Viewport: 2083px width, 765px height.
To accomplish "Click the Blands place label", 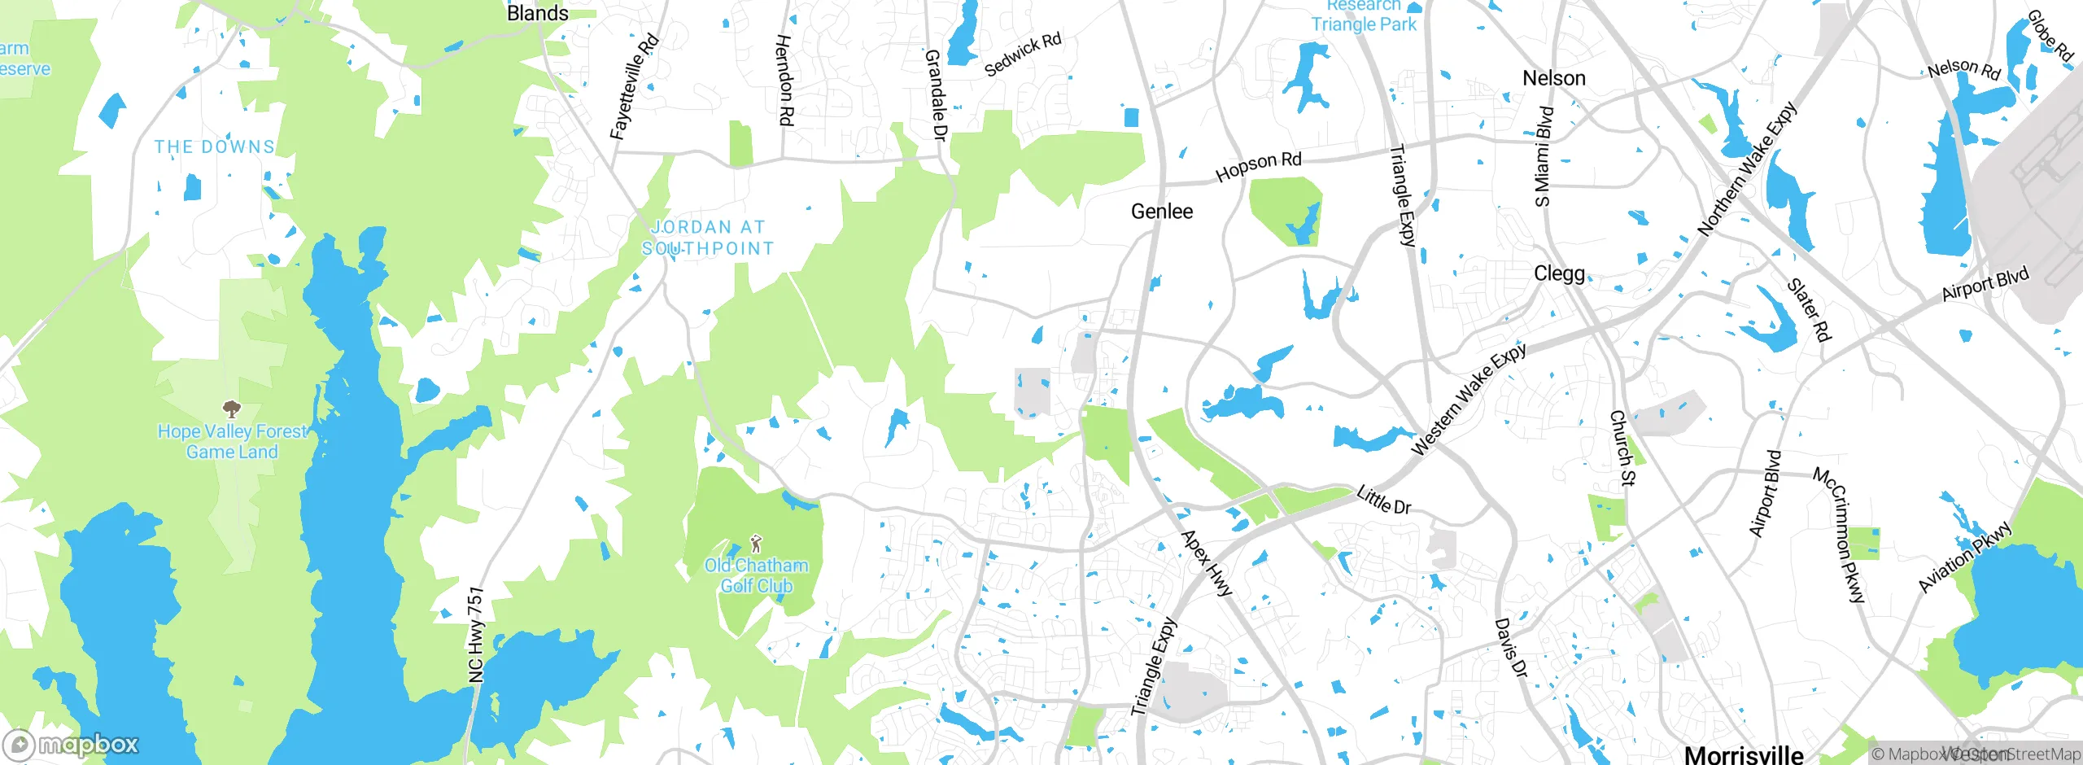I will pos(537,14).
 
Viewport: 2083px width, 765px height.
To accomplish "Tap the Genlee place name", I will pos(1162,212).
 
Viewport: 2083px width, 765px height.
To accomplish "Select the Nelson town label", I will pos(1553,78).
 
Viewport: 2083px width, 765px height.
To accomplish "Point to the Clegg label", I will pos(1559,273).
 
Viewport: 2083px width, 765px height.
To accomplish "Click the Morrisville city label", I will pos(1743,754).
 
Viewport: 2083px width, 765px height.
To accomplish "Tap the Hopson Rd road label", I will pos(1258,166).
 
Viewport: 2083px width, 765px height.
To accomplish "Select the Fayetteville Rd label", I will pos(634,87).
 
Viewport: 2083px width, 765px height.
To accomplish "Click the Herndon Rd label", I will pos(784,80).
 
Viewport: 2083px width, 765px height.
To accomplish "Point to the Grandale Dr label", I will pos(936,94).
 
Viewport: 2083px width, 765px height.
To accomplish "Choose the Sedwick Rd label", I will pos(1023,55).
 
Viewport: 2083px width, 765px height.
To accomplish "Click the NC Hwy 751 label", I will pos(476,635).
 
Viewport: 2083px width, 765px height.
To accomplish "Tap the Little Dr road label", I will pos(1383,499).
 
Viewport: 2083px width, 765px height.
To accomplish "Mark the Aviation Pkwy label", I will pos(1964,557).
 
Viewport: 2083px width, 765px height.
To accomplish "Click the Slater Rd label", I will pos(1808,310).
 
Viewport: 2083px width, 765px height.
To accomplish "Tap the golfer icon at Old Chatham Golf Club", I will pos(756,543).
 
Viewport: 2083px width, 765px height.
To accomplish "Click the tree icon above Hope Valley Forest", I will pos(232,408).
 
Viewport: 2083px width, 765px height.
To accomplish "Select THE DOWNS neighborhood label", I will pos(215,147).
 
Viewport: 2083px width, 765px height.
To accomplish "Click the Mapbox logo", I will pos(72,744).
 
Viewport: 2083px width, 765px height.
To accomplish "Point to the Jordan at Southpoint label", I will pos(708,238).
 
